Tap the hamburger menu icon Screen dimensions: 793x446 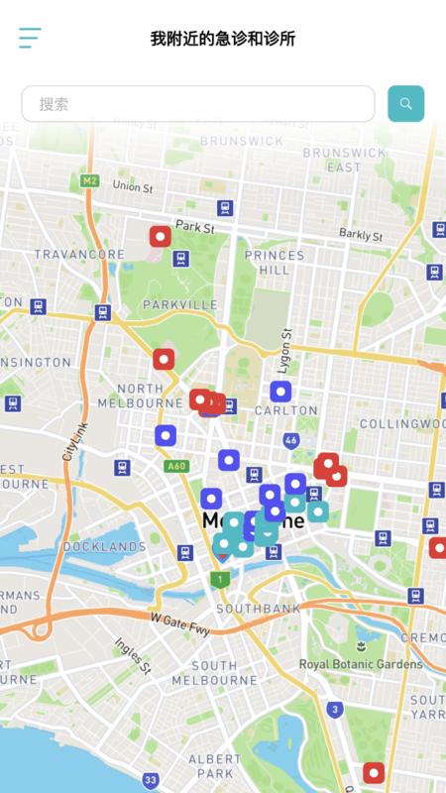tap(30, 39)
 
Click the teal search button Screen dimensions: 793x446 tap(405, 103)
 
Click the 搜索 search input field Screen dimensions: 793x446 tap(198, 103)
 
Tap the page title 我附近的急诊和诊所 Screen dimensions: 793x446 tap(223, 40)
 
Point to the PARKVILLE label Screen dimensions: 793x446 tap(179, 304)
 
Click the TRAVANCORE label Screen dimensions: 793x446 tap(79, 255)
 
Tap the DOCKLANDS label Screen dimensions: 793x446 tap(104, 546)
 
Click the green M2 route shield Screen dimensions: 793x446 tap(90, 180)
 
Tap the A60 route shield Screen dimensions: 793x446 tap(176, 466)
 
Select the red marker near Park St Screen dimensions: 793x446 tap(160, 236)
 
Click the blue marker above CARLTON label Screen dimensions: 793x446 tap(280, 392)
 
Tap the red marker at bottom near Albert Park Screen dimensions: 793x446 tap(374, 772)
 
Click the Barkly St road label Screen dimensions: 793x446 tap(361, 235)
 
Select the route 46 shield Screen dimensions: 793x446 tap(290, 439)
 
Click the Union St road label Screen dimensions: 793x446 tap(133, 186)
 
